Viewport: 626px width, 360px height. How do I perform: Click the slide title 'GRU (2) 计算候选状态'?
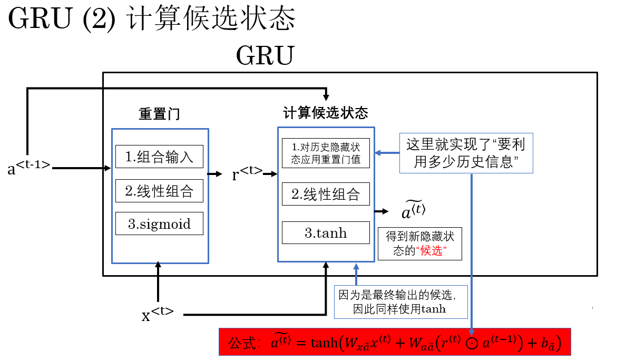click(x=152, y=20)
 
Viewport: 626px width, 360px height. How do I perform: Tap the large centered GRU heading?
click(x=265, y=55)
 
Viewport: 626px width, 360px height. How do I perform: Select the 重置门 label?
click(x=159, y=114)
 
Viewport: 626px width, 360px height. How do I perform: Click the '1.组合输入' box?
click(x=159, y=157)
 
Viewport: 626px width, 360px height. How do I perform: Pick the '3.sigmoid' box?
click(x=159, y=224)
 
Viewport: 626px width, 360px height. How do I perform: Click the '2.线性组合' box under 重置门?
click(x=159, y=191)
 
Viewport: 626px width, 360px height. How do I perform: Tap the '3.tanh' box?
click(x=326, y=233)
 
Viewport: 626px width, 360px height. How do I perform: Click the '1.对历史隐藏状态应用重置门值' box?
click(x=326, y=153)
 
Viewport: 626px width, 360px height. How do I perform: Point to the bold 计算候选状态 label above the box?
click(x=326, y=113)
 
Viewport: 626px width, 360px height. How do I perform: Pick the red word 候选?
click(x=431, y=251)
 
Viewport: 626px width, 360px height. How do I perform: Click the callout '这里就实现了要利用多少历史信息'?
click(x=466, y=153)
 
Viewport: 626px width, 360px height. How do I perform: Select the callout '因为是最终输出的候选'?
click(x=400, y=301)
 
